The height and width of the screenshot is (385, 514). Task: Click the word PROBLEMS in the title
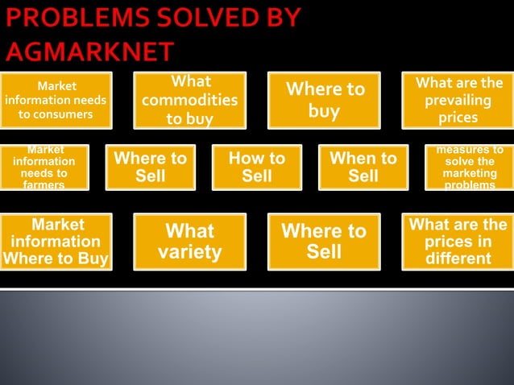tap(71, 18)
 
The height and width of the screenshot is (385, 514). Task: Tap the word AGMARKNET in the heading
tap(89, 52)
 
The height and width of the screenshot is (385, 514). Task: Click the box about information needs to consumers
tap(55, 100)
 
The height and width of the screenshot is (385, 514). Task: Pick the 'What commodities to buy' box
tap(189, 100)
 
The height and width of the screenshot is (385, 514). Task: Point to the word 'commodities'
tap(189, 101)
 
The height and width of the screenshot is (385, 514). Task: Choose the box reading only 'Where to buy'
tap(324, 100)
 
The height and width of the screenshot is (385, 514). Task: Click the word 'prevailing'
tap(458, 101)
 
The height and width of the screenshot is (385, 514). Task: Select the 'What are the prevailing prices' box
tap(458, 100)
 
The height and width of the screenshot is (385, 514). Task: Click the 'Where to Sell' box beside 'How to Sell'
tap(151, 167)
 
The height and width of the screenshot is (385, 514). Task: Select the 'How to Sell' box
tap(257, 167)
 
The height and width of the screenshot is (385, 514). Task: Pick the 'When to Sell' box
tap(363, 167)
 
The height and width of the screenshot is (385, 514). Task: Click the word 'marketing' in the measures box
tap(470, 173)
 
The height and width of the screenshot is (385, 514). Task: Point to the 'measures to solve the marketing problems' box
tap(470, 167)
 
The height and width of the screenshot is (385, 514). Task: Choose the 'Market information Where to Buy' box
tap(55, 241)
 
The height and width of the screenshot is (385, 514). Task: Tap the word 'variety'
tap(189, 252)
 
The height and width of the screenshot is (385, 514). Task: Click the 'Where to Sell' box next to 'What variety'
tap(324, 241)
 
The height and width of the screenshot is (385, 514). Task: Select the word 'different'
tap(458, 259)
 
